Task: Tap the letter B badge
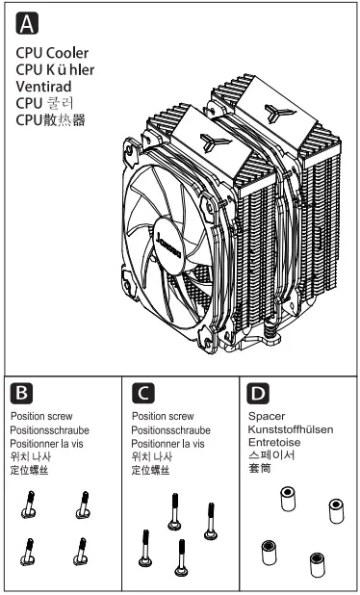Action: pos(20,394)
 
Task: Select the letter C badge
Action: pos(141,394)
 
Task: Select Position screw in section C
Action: pos(162,417)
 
